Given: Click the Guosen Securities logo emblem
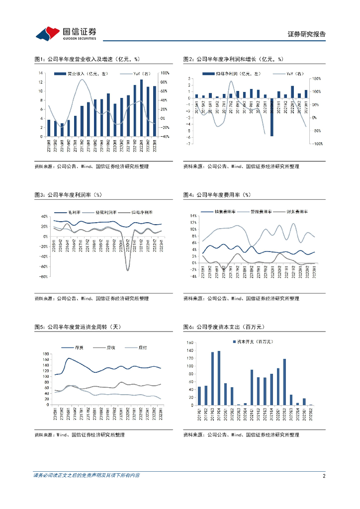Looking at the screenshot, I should (48, 33).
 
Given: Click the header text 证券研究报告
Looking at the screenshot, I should (307, 34).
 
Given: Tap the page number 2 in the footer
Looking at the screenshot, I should (324, 476).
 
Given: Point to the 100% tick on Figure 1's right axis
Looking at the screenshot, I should (163, 73).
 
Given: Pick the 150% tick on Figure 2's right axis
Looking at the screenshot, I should (316, 79).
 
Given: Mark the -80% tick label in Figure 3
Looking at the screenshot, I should (43, 277).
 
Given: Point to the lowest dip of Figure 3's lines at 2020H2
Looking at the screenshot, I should (128, 269).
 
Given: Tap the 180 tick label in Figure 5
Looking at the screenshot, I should (45, 353).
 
